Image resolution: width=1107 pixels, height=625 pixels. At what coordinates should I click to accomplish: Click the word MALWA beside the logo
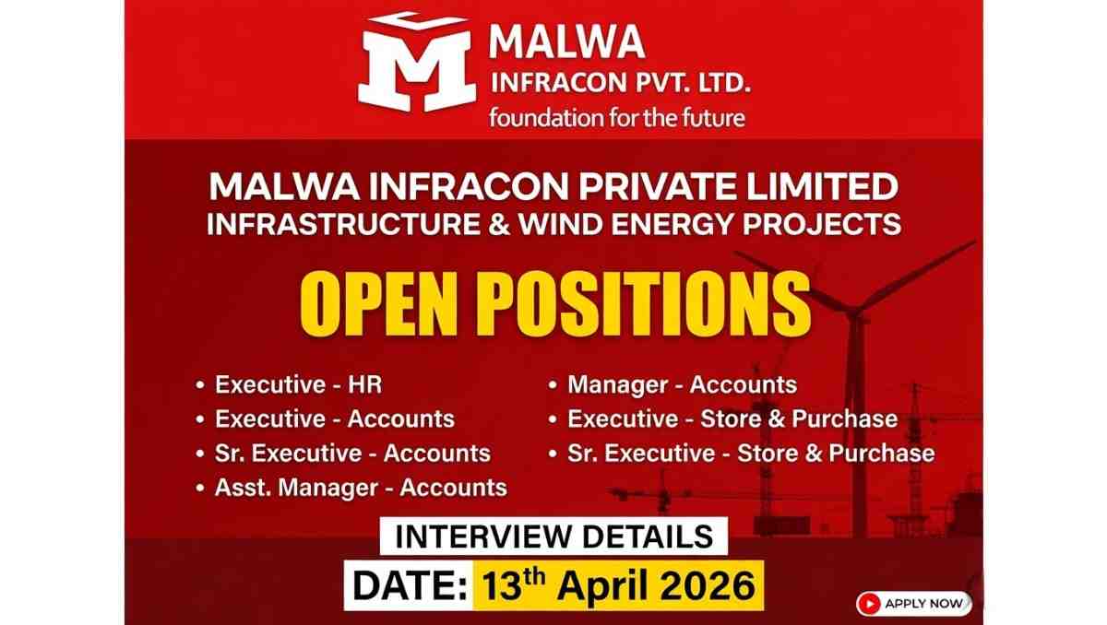(566, 42)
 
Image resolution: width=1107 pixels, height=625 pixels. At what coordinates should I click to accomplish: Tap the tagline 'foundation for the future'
(617, 118)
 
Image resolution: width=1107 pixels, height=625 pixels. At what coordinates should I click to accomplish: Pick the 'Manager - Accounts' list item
(682, 384)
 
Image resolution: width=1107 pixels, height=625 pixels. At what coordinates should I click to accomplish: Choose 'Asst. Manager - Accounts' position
(361, 487)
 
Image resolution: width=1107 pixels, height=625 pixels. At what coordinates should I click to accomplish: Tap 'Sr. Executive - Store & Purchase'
(751, 453)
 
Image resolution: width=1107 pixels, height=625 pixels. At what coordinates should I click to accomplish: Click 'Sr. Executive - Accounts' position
(352, 453)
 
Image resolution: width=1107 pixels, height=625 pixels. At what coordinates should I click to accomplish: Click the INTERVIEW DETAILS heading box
(553, 536)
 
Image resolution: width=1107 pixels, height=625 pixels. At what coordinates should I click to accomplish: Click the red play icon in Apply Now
(868, 604)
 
